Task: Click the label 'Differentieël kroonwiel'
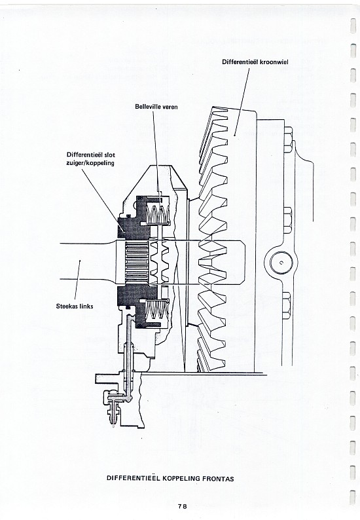[x=255, y=62]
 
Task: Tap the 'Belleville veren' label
[x=156, y=107]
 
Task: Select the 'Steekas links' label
[x=74, y=306]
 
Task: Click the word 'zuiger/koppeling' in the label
[x=90, y=163]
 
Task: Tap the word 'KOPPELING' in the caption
[x=181, y=479]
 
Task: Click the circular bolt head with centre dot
[x=281, y=263]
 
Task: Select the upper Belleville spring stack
[x=158, y=214]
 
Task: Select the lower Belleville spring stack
[x=157, y=310]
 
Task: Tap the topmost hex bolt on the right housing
[x=287, y=139]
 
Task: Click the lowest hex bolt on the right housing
[x=287, y=305]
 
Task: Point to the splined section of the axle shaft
[x=137, y=261]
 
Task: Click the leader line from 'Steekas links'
[x=77, y=281]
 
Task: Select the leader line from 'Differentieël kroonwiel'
[x=242, y=102]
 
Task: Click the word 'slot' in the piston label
[x=110, y=155]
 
